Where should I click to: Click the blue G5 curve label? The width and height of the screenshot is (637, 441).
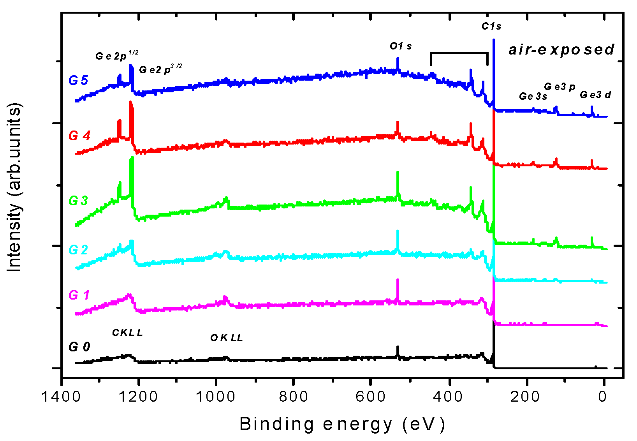click(78, 80)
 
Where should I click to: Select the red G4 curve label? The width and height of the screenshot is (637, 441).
click(79, 136)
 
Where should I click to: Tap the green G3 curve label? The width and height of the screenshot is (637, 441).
click(78, 201)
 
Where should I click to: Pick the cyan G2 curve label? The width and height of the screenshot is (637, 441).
click(78, 250)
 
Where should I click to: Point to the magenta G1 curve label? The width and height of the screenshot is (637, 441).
click(79, 295)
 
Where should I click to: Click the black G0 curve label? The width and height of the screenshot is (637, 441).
click(79, 347)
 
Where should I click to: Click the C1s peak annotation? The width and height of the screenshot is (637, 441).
click(491, 26)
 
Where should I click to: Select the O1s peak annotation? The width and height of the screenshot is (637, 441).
click(401, 46)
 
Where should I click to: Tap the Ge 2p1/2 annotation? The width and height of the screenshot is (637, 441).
click(116, 56)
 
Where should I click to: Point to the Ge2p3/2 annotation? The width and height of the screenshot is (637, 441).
click(160, 69)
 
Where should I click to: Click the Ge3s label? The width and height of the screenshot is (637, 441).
click(533, 96)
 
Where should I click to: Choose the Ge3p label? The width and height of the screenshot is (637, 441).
click(560, 86)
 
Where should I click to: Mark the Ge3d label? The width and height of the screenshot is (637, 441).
click(595, 95)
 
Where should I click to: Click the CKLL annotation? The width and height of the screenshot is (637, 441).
click(127, 333)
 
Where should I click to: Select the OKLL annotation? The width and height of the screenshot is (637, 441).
click(227, 338)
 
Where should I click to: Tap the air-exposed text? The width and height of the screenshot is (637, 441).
click(561, 49)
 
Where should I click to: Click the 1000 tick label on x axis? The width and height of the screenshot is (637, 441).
click(215, 397)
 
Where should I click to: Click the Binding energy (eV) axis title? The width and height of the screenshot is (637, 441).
click(342, 424)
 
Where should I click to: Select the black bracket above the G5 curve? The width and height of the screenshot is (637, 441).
click(459, 53)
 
